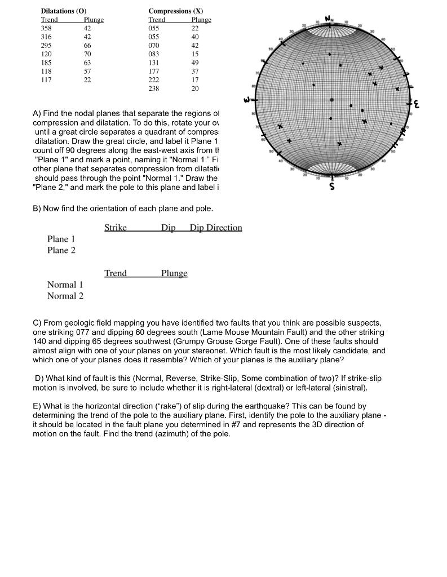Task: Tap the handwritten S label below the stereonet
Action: click(x=333, y=187)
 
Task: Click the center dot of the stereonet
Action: click(x=333, y=99)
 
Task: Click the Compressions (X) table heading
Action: click(x=176, y=11)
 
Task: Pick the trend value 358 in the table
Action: click(x=46, y=28)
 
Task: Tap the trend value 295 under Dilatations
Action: click(x=46, y=46)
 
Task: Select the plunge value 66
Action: click(x=87, y=46)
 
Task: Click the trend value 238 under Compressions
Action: click(x=153, y=89)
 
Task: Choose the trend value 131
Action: click(x=153, y=63)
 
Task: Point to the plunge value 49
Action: click(x=195, y=63)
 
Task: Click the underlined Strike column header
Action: click(x=115, y=228)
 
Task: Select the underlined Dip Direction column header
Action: click(x=216, y=228)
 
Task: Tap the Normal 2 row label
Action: click(x=65, y=296)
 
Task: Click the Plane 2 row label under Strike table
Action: click(x=61, y=250)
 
